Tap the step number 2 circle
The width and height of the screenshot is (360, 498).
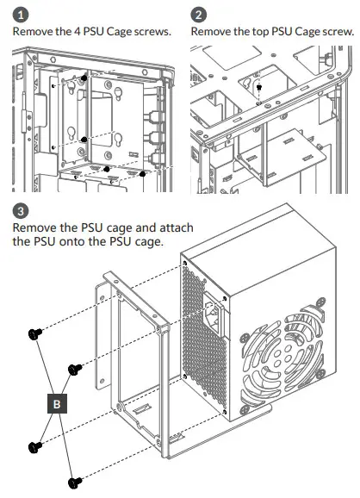tap(199, 15)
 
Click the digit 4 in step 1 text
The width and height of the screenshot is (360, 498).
tap(80, 32)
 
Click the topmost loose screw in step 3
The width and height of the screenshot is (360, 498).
tap(35, 333)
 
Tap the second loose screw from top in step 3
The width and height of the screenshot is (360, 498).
tap(74, 367)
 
